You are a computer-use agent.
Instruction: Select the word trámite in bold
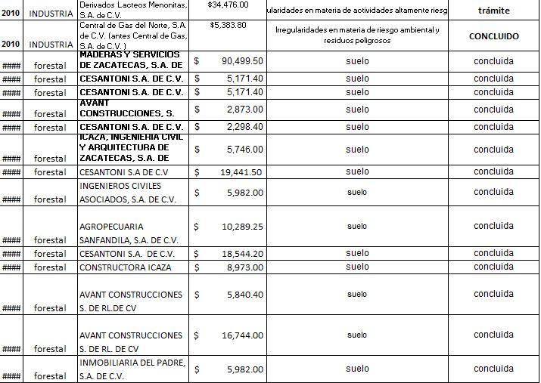[x=494, y=11]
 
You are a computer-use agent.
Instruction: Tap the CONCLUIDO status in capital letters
[x=494, y=36]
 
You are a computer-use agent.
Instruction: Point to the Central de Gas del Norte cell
[x=132, y=35]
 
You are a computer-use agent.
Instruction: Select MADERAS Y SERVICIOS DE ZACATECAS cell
[x=132, y=60]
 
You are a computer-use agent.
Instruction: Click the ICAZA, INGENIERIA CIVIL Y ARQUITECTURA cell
[x=132, y=149]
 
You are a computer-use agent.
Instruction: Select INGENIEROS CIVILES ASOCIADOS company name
[x=129, y=193]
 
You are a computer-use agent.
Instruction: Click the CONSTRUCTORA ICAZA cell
[x=126, y=267]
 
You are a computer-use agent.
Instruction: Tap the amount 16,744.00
[x=241, y=335]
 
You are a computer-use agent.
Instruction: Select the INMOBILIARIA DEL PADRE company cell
[x=132, y=369]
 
